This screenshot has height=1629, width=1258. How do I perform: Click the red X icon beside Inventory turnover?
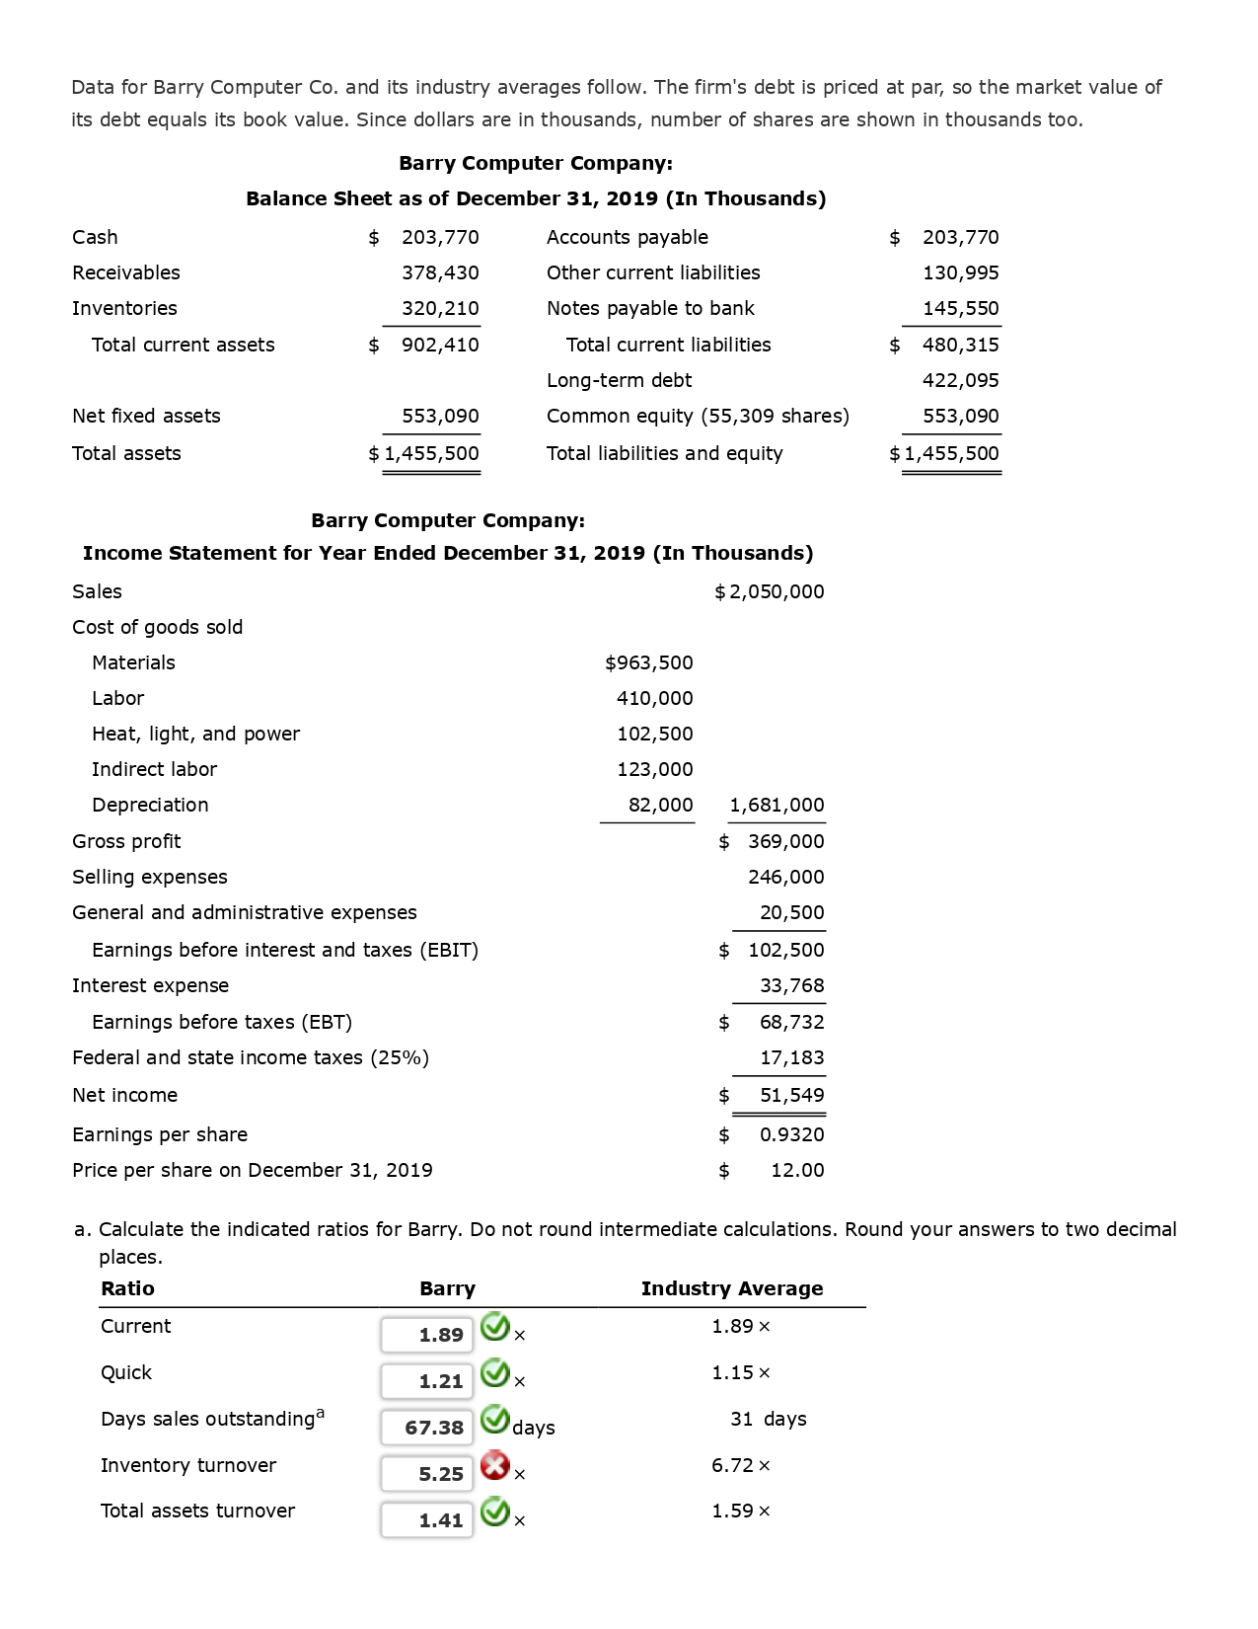point(495,1466)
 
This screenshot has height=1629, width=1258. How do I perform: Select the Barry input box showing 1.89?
point(427,1335)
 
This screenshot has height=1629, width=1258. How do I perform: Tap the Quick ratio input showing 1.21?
point(427,1381)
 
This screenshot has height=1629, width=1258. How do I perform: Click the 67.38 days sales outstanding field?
point(427,1428)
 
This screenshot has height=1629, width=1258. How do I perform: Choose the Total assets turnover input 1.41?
point(427,1520)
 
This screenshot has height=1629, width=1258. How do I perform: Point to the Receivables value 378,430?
point(440,272)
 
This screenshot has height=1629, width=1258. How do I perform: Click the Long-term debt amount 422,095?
point(960,380)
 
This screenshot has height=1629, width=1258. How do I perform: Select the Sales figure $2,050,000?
point(770,591)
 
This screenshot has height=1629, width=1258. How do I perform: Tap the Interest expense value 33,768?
point(791,985)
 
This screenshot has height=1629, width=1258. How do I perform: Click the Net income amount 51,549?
point(791,1095)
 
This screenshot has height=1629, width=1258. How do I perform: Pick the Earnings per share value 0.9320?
point(791,1134)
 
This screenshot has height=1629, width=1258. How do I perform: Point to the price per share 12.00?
point(797,1170)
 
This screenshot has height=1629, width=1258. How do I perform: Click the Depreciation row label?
point(150,805)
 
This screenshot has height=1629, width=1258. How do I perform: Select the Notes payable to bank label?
point(650,308)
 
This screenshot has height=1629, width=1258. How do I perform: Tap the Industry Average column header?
point(731,1288)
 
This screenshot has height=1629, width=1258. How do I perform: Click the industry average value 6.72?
point(733,1465)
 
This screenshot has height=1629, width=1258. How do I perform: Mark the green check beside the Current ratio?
point(495,1328)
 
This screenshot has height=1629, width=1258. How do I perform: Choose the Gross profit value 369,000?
point(785,841)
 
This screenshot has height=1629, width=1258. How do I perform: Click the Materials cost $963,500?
point(648,662)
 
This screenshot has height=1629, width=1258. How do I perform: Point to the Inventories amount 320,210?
point(440,308)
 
